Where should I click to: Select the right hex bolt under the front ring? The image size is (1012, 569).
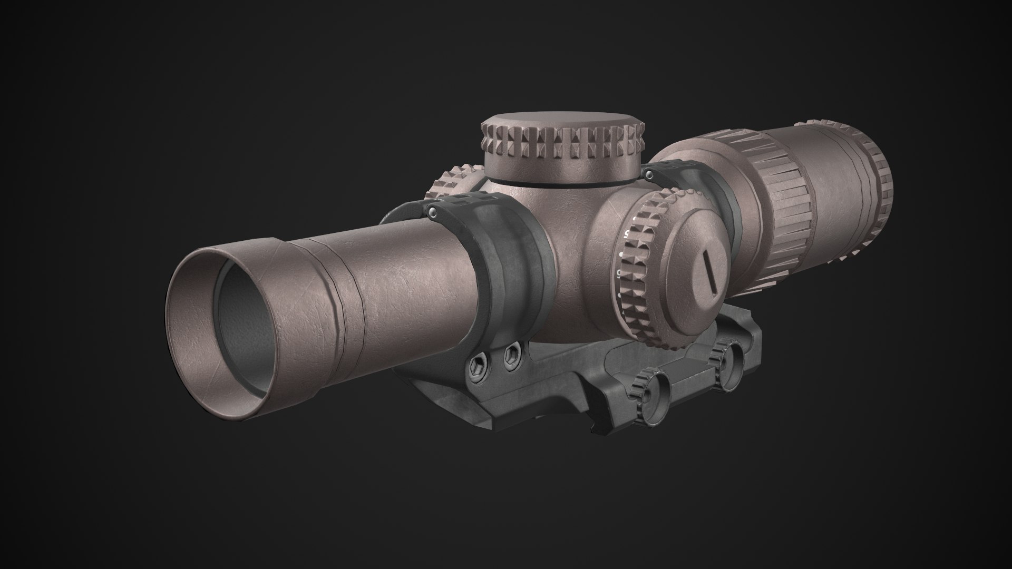tap(511, 357)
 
